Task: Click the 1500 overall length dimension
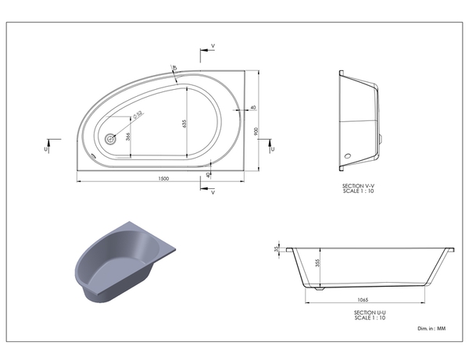[163, 179]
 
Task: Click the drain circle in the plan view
[110, 137]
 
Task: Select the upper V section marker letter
[213, 47]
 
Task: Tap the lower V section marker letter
[213, 192]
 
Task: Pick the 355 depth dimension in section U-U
[317, 264]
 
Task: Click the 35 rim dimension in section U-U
[277, 250]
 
